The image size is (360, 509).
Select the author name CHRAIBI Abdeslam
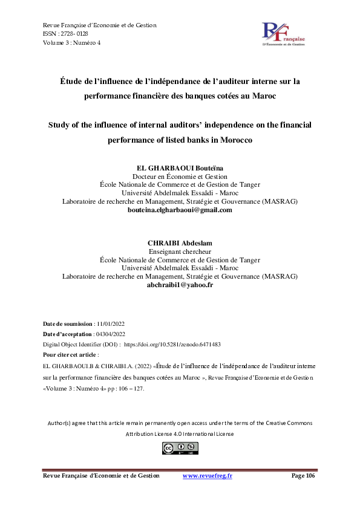180,243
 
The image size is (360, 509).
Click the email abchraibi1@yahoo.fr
180,284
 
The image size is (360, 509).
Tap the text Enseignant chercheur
180,251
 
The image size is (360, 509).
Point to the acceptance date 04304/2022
110,334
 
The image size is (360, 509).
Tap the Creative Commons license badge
180,448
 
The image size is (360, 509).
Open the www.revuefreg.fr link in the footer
208,476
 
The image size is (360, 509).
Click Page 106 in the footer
303,476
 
